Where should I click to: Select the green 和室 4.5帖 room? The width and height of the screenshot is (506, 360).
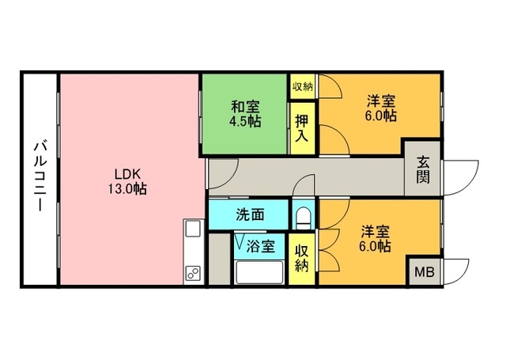(x=244, y=114)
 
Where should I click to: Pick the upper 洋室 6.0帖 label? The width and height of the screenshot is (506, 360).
(x=380, y=108)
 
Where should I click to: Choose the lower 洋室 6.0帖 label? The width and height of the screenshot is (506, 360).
(x=375, y=238)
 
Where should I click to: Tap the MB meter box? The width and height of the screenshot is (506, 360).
(x=425, y=272)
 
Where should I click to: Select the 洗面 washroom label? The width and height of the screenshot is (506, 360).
(x=249, y=214)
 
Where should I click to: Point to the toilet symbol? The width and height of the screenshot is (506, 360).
(x=301, y=215)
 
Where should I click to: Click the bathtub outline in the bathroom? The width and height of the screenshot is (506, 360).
(x=259, y=272)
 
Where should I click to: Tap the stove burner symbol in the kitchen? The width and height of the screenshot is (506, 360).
(x=193, y=274)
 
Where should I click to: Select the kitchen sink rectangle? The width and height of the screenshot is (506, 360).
(x=193, y=230)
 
